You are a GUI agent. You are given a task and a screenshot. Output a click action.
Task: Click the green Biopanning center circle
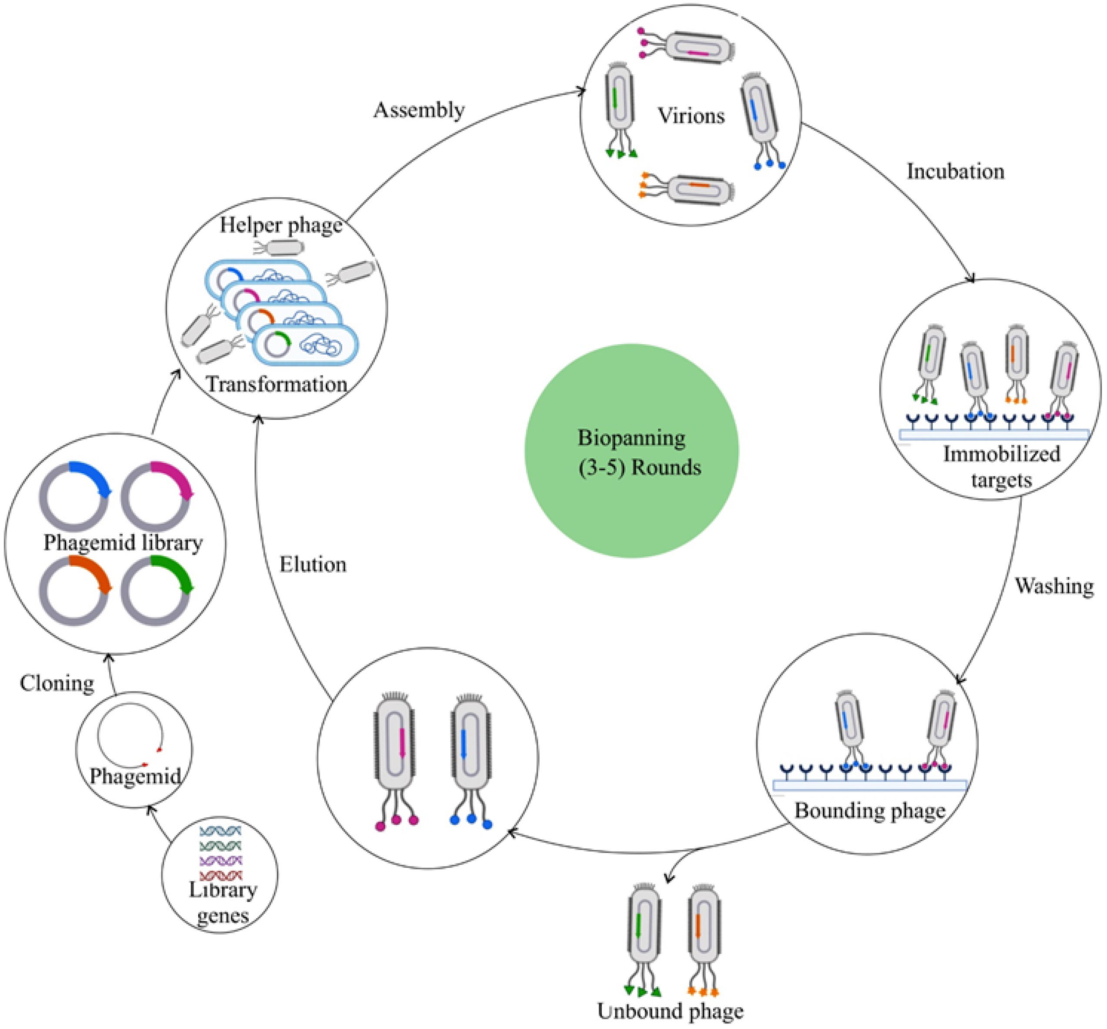pyautogui.click(x=631, y=450)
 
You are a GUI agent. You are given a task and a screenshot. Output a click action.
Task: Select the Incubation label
pyautogui.click(x=955, y=171)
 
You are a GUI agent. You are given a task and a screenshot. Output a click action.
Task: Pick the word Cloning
pyautogui.click(x=57, y=683)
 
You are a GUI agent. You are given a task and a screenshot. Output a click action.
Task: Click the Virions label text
pyautogui.click(x=690, y=116)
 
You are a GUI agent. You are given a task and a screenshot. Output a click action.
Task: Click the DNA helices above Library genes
pyautogui.click(x=220, y=853)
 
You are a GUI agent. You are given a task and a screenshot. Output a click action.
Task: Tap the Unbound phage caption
pyautogui.click(x=670, y=1010)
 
